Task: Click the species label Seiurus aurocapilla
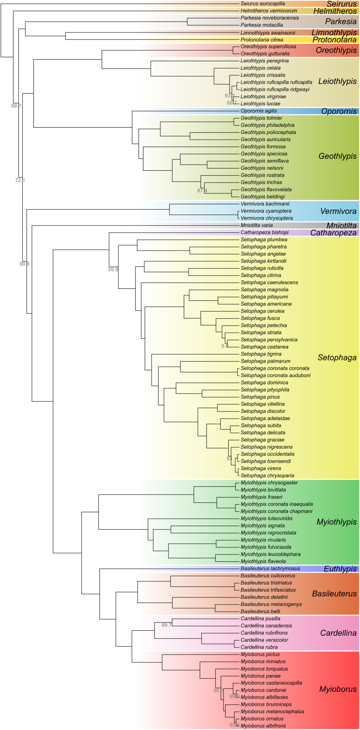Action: pyautogui.click(x=263, y=4)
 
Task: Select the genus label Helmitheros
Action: pyautogui.click(x=335, y=11)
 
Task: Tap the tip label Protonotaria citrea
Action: pyautogui.click(x=261, y=40)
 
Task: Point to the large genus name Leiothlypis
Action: pyautogui.click(x=337, y=81)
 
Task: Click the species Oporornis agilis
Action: pyautogui.click(x=258, y=111)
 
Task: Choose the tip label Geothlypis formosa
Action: pyautogui.click(x=263, y=147)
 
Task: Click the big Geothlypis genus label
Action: pyautogui.click(x=337, y=156)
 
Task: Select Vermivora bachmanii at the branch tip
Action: pyautogui.click(x=265, y=204)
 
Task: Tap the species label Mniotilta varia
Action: pyautogui.click(x=256, y=226)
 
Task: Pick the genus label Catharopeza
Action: pyautogui.click(x=333, y=233)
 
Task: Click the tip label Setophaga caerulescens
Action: pyautogui.click(x=269, y=283)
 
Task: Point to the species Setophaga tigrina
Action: pyautogui.click(x=261, y=354)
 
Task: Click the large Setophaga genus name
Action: pyautogui.click(x=337, y=358)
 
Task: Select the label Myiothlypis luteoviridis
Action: pyautogui.click(x=266, y=519)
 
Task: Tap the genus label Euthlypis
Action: pyautogui.click(x=340, y=569)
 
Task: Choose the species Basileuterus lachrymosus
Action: pyautogui.click(x=270, y=569)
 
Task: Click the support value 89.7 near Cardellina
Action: pyautogui.click(x=166, y=625)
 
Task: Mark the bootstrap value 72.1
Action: pyautogui.click(x=20, y=180)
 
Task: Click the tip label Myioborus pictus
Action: pyautogui.click(x=260, y=654)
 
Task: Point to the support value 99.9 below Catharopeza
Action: pyautogui.click(x=113, y=269)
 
